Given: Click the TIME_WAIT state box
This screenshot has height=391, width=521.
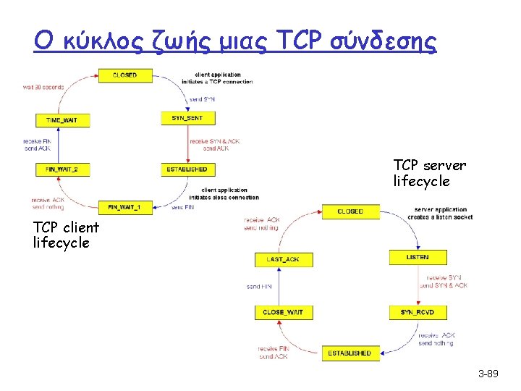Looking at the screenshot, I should point(63,120).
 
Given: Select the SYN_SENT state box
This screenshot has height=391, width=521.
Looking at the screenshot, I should point(187,117).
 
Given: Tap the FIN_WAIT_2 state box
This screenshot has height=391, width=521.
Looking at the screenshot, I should point(62,169).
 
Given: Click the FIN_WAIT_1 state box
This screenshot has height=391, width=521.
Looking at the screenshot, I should point(124,207).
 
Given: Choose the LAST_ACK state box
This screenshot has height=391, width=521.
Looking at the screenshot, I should point(282,258).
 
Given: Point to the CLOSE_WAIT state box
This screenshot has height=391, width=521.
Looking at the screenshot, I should point(283,312).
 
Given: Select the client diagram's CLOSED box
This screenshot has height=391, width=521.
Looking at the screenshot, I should point(124,75).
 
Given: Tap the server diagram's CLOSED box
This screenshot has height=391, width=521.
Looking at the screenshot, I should point(350,211).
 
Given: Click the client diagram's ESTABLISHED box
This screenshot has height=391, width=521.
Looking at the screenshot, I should point(187,169).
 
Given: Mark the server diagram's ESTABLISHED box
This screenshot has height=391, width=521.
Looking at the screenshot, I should point(350,353).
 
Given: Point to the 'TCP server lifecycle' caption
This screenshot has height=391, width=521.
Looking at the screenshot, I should point(430,173).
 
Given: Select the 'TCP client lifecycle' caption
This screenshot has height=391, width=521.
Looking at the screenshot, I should point(62,235).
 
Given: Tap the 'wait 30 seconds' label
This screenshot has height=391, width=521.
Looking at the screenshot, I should point(43,87).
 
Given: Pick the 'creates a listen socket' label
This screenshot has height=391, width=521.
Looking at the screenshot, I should point(440,217).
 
